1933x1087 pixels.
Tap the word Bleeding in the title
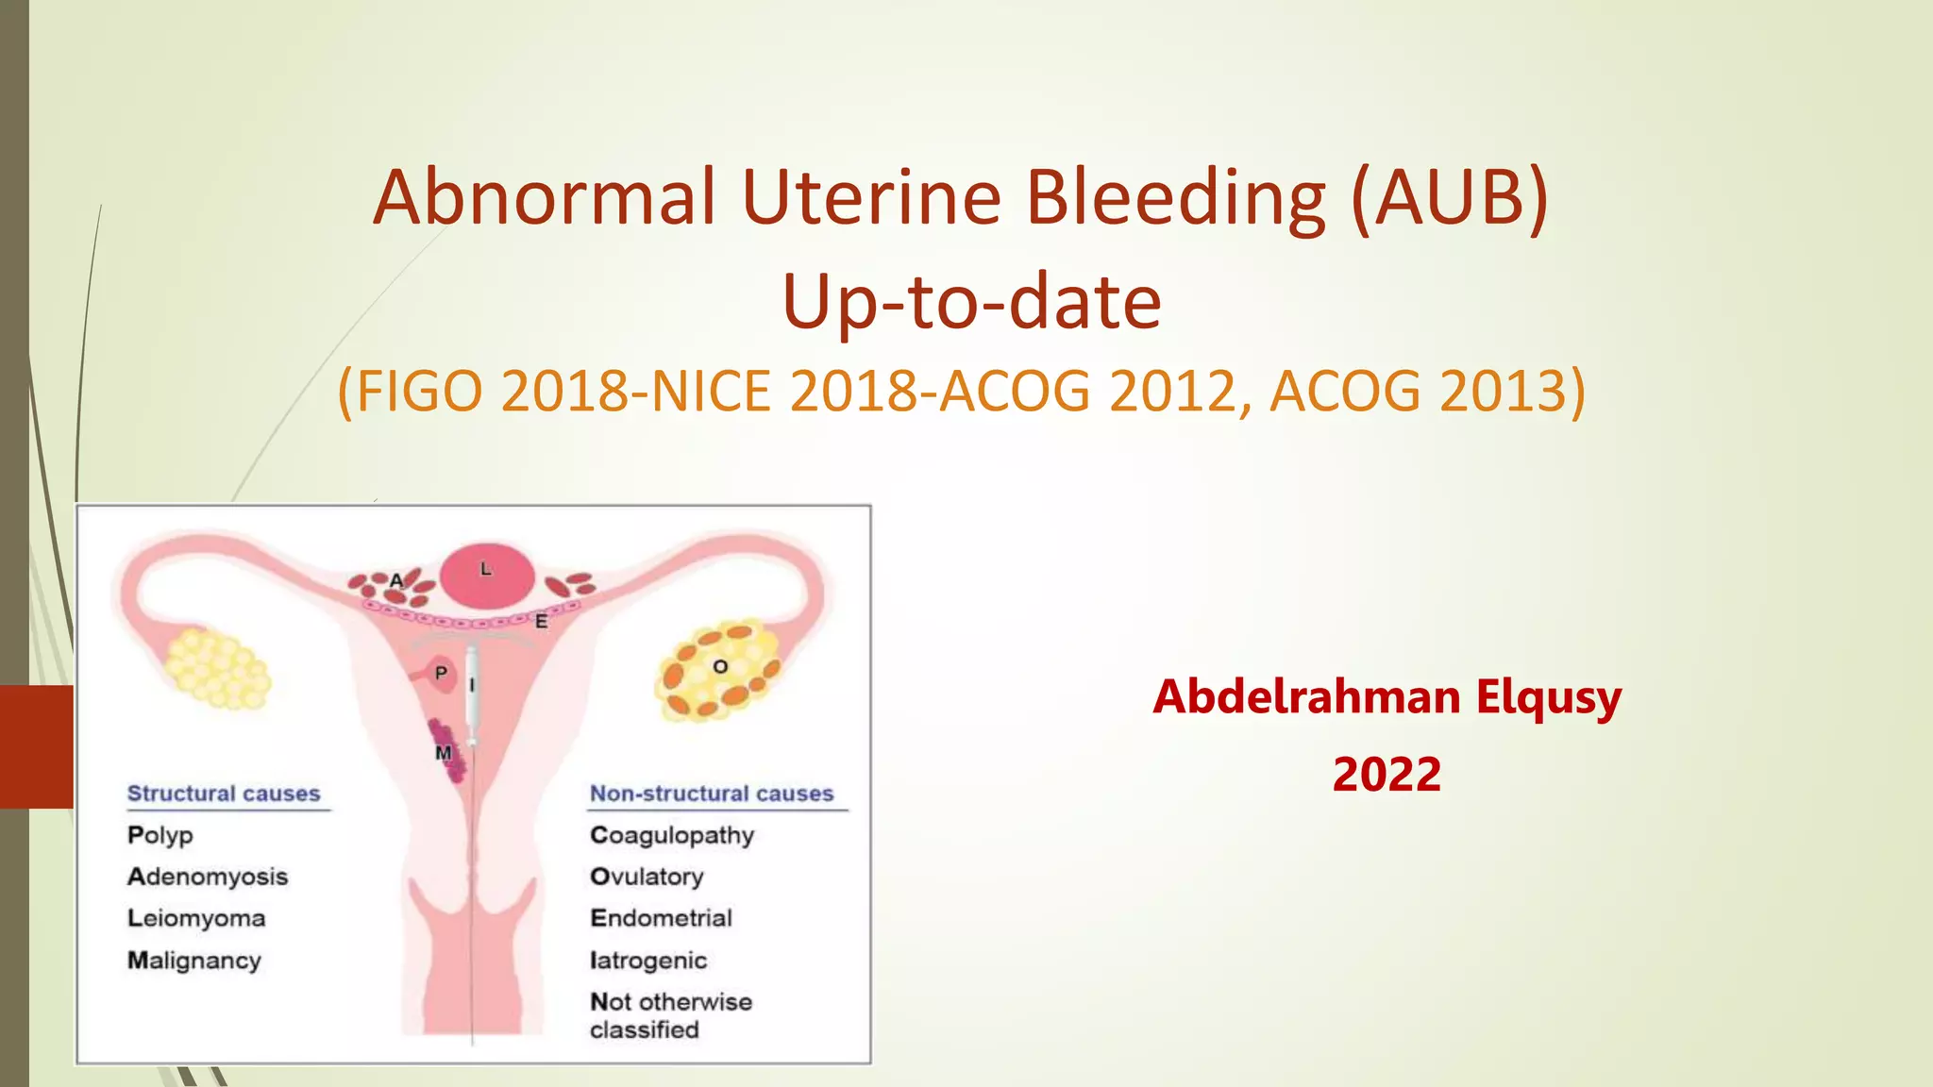1176,197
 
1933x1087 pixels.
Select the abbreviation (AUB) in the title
1449,197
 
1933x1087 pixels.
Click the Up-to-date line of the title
971,302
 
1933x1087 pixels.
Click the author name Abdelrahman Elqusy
1387,697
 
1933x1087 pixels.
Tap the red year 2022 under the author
1387,775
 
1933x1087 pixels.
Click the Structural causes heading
224,794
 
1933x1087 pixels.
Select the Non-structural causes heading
712,794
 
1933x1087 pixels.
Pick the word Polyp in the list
160,836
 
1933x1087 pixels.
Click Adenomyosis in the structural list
208,878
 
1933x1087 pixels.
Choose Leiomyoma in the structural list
196,919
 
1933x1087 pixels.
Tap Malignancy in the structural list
194,961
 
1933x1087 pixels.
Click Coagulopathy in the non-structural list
672,836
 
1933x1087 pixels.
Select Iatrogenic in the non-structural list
648,961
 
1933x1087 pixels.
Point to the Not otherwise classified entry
670,1015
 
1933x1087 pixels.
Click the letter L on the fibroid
486,569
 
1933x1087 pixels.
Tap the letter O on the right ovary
720,667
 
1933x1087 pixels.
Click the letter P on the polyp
441,674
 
